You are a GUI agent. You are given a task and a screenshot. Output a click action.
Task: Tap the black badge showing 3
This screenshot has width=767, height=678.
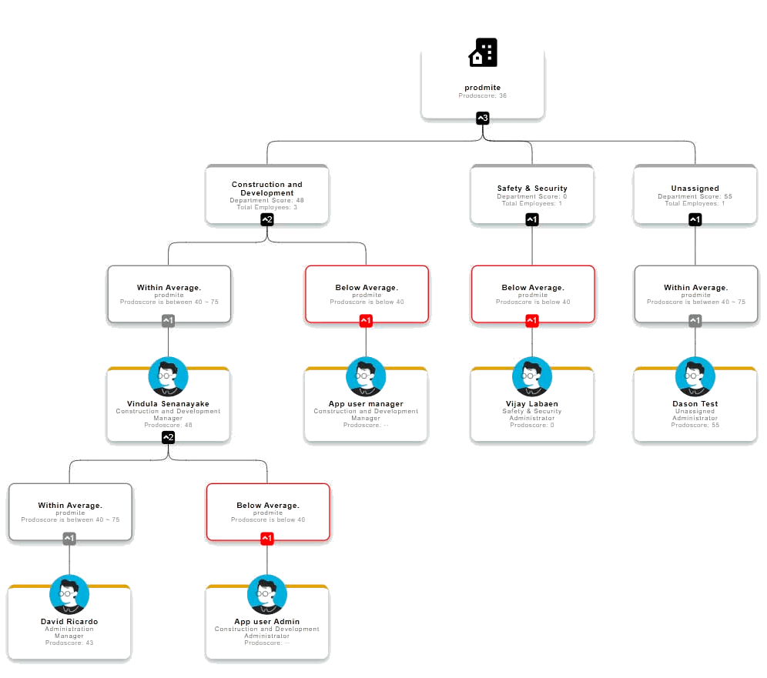pyautogui.click(x=483, y=118)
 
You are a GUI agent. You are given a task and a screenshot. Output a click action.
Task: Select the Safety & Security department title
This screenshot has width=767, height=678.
pyautogui.click(x=532, y=188)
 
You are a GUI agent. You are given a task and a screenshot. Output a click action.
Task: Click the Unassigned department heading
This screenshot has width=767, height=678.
pyautogui.click(x=695, y=188)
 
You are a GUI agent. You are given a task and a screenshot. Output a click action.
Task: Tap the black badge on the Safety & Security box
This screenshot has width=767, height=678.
pyautogui.click(x=532, y=220)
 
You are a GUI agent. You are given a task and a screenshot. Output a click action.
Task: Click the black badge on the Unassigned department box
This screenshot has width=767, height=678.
pyautogui.click(x=695, y=220)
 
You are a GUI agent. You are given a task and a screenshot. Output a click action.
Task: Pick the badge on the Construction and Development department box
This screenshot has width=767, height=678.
pyautogui.click(x=267, y=220)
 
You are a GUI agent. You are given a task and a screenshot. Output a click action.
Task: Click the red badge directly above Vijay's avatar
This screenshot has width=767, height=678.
pyautogui.click(x=532, y=321)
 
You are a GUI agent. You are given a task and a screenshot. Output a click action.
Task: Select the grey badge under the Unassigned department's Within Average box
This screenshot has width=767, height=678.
pyautogui.click(x=695, y=321)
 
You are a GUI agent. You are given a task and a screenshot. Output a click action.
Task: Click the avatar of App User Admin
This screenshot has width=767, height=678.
pyautogui.click(x=267, y=594)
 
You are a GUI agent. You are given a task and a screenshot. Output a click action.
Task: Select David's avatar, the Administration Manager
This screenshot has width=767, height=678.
pyautogui.click(x=69, y=594)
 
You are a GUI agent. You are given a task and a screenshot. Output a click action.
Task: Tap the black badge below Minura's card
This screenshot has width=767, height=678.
pyautogui.click(x=168, y=438)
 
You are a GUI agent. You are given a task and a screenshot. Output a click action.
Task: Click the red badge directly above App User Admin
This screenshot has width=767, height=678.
pyautogui.click(x=267, y=538)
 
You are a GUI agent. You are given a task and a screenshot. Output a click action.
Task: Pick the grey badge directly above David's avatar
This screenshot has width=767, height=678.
pyautogui.click(x=69, y=538)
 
